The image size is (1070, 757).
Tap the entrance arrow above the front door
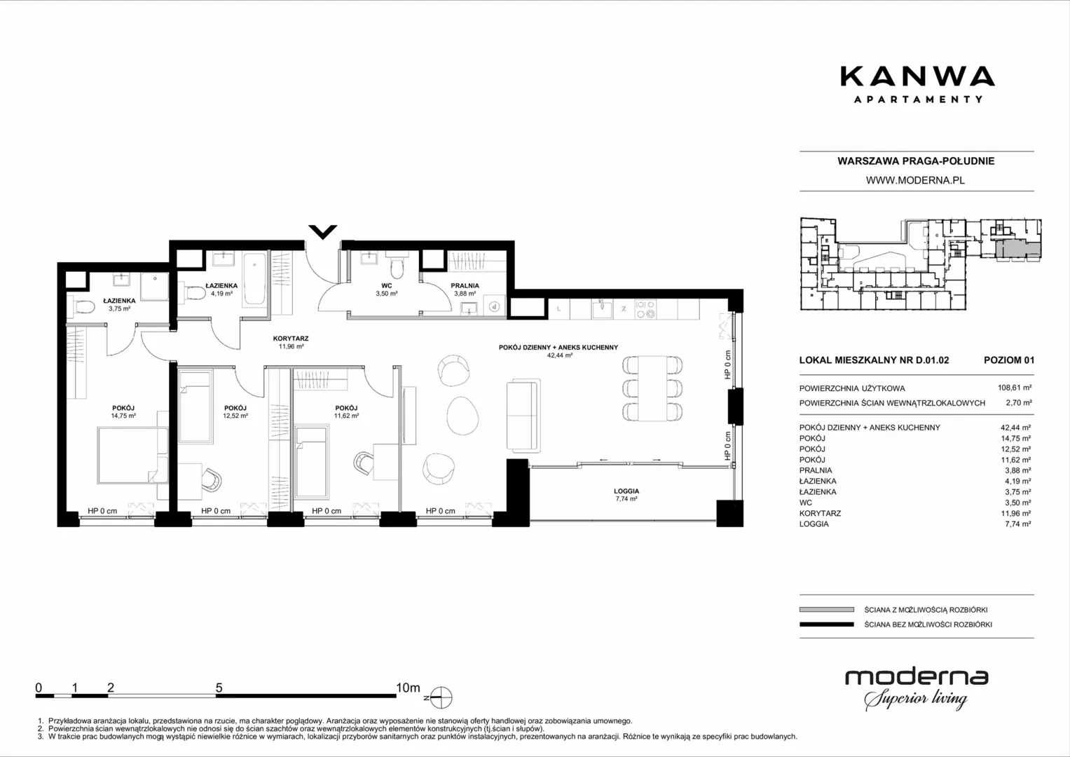(323, 232)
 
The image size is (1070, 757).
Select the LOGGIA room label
(626, 491)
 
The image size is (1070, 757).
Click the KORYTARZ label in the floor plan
(291, 339)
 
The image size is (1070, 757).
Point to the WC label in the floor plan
(386, 286)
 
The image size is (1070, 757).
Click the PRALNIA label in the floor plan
(465, 286)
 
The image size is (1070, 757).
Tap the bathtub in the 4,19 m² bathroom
(254, 280)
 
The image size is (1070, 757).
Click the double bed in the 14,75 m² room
(133, 455)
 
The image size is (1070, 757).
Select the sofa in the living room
(523, 415)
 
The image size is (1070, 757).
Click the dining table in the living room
(652, 388)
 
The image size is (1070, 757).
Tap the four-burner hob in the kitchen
(645, 309)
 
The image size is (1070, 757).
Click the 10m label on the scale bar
(408, 688)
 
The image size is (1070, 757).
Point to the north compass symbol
(441, 697)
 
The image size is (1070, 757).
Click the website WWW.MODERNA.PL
(915, 180)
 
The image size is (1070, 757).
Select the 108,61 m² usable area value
(1015, 388)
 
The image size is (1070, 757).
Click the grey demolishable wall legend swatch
(827, 609)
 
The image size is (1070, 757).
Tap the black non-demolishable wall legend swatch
(827, 624)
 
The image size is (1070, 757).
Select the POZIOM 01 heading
(1009, 360)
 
